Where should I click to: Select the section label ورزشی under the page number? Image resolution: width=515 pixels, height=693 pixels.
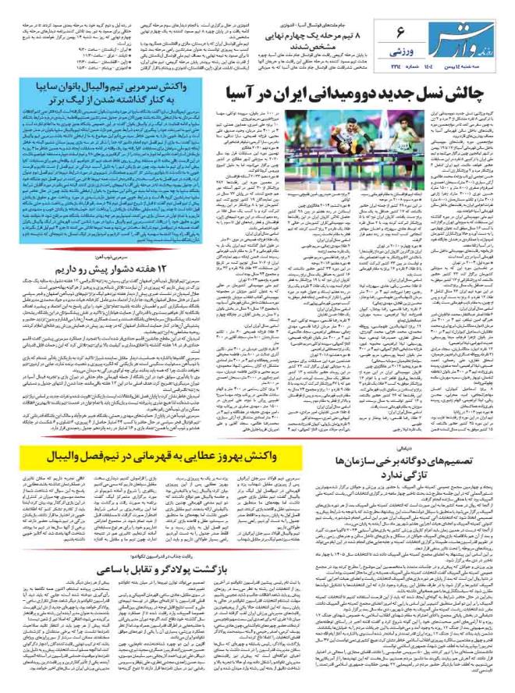[398, 52]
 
